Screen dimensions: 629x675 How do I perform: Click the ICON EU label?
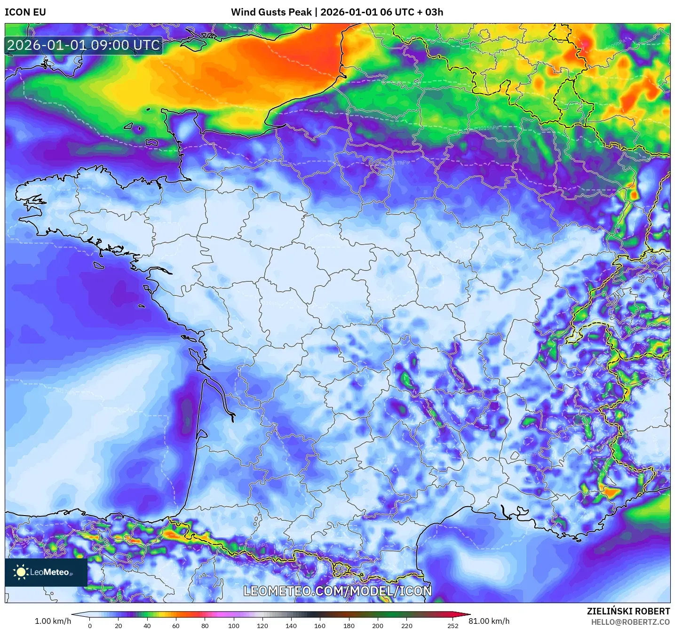pos(25,12)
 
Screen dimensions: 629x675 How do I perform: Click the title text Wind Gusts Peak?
pos(271,12)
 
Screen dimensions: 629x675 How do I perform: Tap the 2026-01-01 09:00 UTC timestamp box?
pos(84,45)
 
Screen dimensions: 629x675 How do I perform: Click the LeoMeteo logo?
pos(46,572)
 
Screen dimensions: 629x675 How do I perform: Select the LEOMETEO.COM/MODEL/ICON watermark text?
pos(337,591)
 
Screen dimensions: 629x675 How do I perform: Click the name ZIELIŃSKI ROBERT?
pos(628,611)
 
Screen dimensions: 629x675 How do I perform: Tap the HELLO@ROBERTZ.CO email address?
pos(630,622)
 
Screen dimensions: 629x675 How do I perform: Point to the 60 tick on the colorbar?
pos(176,626)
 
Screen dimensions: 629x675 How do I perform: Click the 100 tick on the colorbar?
pos(234,626)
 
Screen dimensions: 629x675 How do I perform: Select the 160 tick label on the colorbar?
pos(320,626)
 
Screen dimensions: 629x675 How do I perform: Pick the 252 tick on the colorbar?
pos(453,626)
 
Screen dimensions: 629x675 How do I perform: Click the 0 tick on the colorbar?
pos(90,626)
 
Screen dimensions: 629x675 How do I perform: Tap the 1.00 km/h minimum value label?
pos(53,621)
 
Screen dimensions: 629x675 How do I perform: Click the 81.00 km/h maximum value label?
pos(489,621)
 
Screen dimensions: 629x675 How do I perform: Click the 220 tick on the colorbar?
pos(407,626)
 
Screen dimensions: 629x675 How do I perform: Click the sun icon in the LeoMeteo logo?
pos(21,572)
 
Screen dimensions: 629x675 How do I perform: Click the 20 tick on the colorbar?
pos(119,626)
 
